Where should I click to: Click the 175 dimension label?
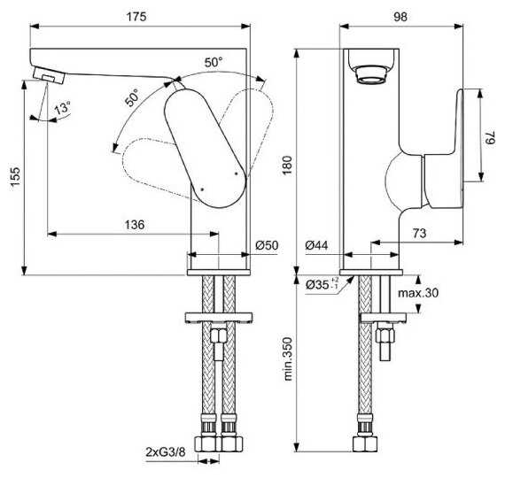pos(136,17)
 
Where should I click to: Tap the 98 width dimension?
pos(400,17)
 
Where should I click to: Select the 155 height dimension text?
pos(15,176)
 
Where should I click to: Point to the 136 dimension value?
pos(135,224)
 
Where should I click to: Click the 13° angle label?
pos(62,108)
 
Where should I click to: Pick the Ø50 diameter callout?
pos(267,245)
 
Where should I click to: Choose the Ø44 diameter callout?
pos(316,245)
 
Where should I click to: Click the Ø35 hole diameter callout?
pos(322,283)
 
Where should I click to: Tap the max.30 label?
pos(418,293)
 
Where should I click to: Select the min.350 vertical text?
pos(287,358)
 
